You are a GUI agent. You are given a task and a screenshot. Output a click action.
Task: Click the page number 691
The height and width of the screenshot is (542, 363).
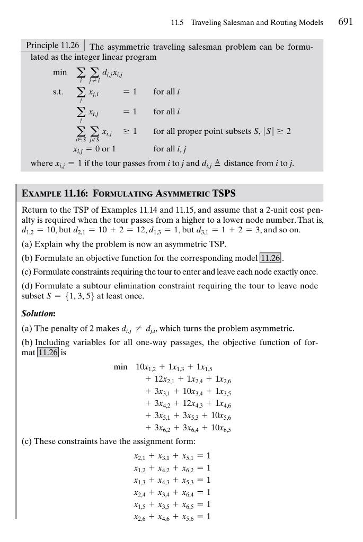coord(345,22)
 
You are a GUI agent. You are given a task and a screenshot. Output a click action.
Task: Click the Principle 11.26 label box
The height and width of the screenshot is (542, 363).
coord(52,45)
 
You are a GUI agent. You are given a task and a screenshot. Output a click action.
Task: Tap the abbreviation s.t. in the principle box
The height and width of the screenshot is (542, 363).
coord(58,92)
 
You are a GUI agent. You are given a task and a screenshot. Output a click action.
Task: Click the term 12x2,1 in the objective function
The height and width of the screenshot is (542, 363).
coord(157,379)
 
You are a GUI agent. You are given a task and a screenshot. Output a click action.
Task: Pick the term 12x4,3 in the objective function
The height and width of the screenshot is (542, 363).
coord(199,404)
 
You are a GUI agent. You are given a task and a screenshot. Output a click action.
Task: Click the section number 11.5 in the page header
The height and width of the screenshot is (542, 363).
coord(177,23)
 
